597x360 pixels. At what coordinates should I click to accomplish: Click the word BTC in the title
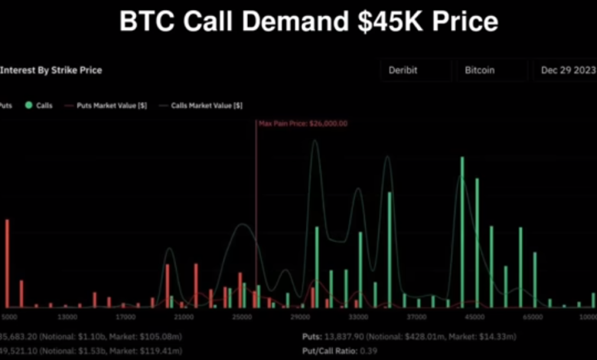tap(146, 21)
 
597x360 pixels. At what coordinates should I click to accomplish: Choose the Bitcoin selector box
tap(491, 70)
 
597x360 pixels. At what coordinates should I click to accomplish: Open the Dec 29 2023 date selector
tap(565, 70)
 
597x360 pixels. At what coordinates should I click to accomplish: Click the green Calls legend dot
tap(29, 105)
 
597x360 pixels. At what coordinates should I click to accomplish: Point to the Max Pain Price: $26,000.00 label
tap(303, 123)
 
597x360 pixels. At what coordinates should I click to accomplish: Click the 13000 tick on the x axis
tap(67, 316)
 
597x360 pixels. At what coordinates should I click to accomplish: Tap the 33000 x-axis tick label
tap(358, 316)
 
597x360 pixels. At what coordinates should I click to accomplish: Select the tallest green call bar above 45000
tap(462, 230)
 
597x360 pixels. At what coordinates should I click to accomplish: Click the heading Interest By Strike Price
tap(51, 70)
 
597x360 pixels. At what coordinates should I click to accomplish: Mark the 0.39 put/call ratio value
tap(369, 350)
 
